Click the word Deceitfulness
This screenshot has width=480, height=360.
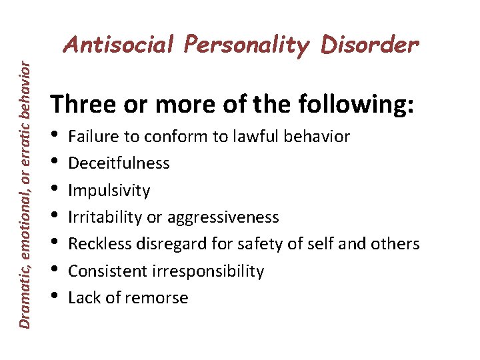(119, 163)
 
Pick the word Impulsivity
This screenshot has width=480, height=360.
(109, 191)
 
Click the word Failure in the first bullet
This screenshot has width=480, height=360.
(93, 137)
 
